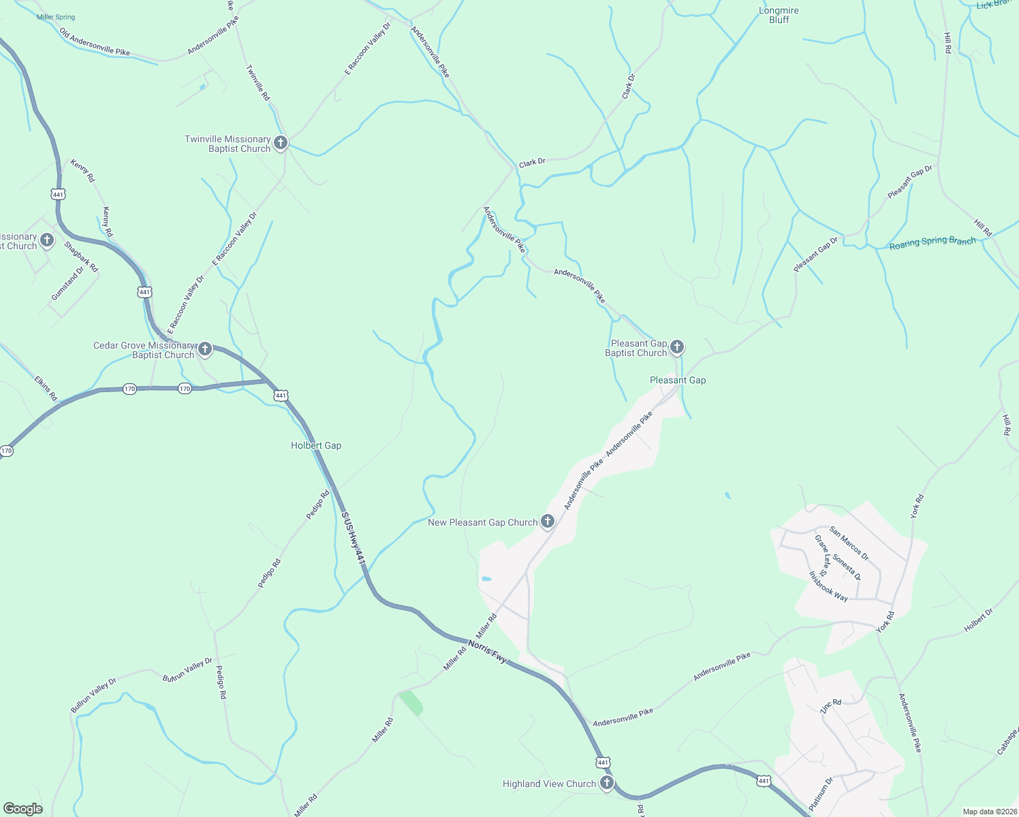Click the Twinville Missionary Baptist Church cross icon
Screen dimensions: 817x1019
(280, 144)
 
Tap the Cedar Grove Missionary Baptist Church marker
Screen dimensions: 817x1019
(204, 350)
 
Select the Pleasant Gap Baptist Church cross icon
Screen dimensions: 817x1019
(676, 348)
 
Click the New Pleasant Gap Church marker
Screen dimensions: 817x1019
(547, 522)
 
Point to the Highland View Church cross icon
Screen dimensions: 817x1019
(606, 784)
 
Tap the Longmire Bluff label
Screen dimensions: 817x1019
(779, 16)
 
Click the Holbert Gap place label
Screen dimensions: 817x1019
(316, 445)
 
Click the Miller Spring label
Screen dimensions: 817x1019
(56, 17)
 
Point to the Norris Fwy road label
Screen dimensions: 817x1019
(488, 650)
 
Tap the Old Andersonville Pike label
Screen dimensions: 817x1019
(94, 42)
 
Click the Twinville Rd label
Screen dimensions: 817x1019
(258, 83)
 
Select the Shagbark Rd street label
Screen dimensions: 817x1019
(81, 257)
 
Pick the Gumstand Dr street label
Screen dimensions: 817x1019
(67, 283)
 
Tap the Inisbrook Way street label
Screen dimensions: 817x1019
(828, 586)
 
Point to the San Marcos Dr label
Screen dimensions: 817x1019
(849, 543)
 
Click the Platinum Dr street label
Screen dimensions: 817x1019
(821, 793)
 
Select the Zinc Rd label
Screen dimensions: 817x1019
(830, 706)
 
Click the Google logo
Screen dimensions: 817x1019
(23, 809)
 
